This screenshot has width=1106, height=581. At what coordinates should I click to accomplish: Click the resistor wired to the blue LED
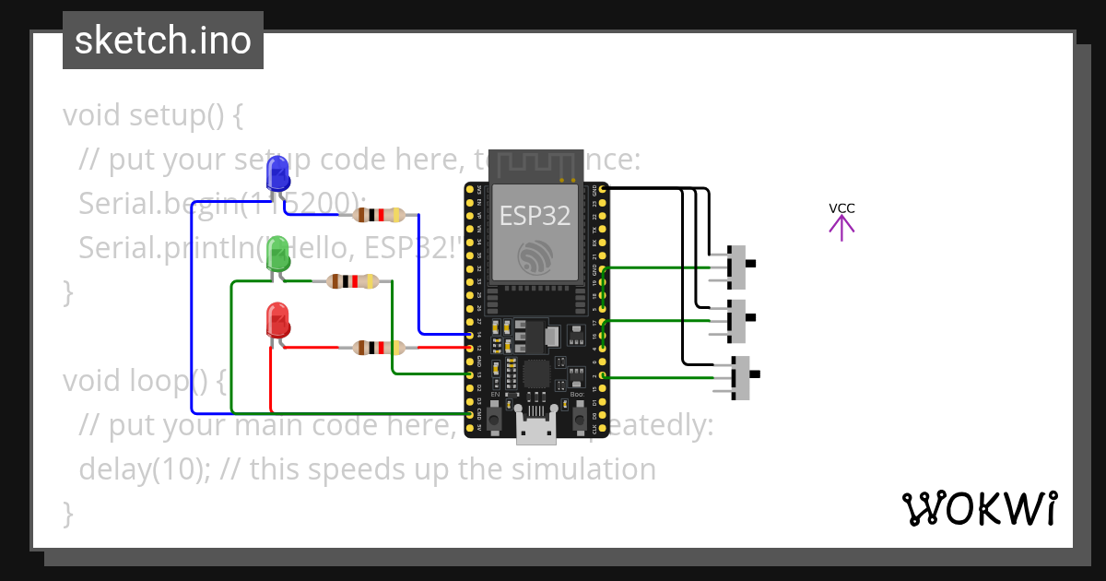378,215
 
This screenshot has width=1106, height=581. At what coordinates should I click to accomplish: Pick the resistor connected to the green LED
353,281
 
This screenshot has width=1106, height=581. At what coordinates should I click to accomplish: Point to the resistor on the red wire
379,348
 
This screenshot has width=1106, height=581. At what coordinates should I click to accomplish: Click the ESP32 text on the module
535,216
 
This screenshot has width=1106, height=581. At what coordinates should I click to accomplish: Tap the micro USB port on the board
535,429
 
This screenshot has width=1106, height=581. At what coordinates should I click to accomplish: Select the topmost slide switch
737,266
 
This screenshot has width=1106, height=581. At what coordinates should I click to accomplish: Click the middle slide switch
737,319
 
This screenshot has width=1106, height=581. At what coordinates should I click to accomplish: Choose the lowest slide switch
740,377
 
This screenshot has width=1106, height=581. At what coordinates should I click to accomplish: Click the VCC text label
841,208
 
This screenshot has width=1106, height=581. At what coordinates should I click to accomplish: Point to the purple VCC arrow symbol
841,227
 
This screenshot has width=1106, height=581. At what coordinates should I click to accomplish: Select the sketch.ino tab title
163,41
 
